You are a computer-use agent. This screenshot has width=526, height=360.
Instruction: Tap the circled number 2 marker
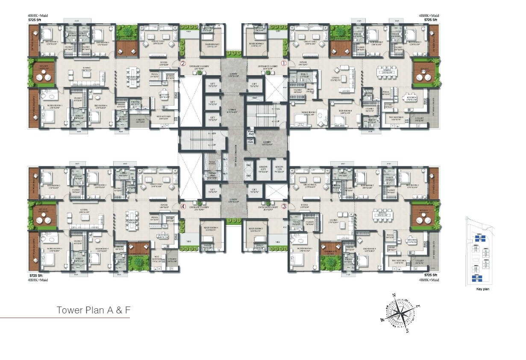(183, 63)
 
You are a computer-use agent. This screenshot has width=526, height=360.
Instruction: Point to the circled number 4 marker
(183, 206)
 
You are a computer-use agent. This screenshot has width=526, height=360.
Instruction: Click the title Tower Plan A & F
(93, 310)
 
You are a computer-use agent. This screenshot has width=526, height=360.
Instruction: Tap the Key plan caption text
(482, 289)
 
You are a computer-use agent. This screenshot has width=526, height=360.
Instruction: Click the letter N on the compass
(394, 295)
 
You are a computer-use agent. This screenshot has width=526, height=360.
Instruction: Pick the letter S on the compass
(408, 330)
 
